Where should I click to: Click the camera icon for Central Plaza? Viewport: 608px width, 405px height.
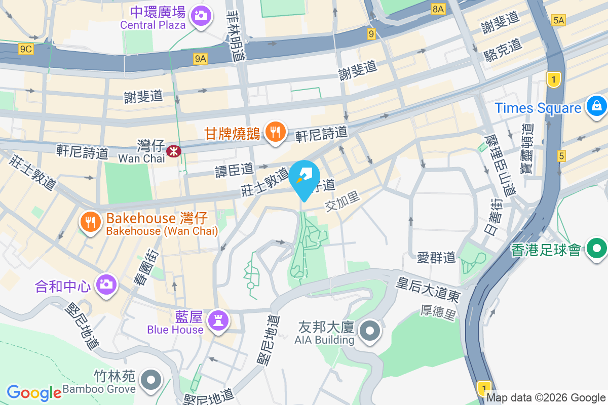[x=201, y=16]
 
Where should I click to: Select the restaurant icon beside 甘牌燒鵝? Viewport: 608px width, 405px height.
[x=275, y=132]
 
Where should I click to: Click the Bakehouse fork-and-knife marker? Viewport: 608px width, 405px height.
[x=90, y=222]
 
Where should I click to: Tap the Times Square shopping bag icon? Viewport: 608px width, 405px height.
[x=596, y=106]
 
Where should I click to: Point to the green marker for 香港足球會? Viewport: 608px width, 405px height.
[x=597, y=249]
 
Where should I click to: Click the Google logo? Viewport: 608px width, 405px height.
[x=34, y=392]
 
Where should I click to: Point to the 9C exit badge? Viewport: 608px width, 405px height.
[x=26, y=49]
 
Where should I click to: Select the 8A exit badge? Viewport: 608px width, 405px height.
[x=438, y=9]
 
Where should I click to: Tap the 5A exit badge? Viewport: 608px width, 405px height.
[x=558, y=20]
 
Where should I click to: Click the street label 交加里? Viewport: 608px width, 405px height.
[x=343, y=201]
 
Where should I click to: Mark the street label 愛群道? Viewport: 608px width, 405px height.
[x=436, y=258]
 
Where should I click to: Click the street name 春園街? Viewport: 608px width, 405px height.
[x=144, y=267]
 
